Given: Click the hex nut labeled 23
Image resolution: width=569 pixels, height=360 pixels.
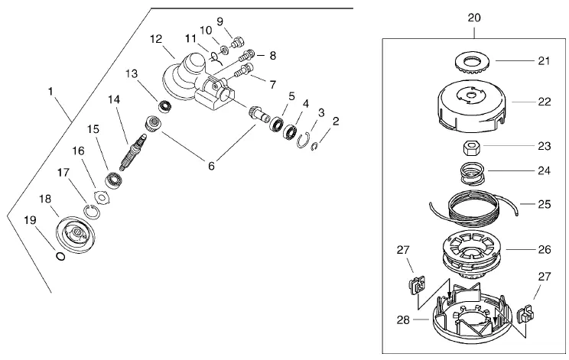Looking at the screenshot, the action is tap(472, 148).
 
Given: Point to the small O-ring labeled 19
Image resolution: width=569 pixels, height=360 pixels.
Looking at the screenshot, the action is tap(60, 256).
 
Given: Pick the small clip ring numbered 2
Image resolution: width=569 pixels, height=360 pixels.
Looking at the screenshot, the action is tap(314, 147).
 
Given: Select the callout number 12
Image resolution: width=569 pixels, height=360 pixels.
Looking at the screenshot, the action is tap(156, 39).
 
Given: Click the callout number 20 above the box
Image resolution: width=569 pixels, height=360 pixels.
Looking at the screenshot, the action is tap(474, 18).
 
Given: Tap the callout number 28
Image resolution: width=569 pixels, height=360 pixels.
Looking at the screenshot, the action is tap(403, 319).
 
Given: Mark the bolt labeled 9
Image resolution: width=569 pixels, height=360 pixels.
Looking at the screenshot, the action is tap(238, 42).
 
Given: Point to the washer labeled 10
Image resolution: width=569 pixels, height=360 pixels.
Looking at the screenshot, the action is tap(224, 50).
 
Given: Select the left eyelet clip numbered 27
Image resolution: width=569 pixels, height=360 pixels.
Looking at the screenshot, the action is tap(417, 284).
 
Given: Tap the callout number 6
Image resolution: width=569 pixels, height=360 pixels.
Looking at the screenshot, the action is tap(211, 166).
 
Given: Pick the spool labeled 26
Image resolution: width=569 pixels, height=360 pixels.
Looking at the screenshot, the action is tap(472, 254).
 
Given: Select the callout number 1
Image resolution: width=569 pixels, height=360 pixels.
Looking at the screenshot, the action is tap(50, 91).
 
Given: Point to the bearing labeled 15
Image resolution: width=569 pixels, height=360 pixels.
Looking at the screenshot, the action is tap(113, 180).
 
